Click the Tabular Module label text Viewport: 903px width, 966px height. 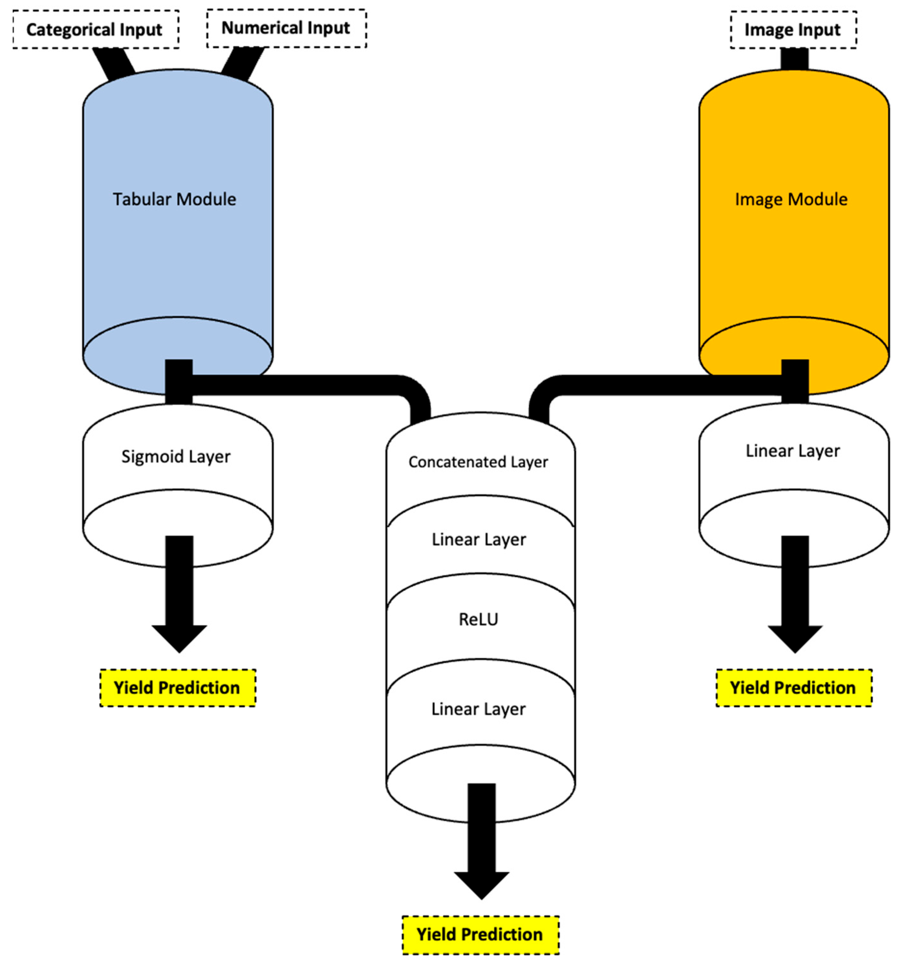(x=175, y=199)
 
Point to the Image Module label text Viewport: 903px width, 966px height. (x=791, y=199)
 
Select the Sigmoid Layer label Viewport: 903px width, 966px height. (x=176, y=456)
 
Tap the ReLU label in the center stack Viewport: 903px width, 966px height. (x=478, y=619)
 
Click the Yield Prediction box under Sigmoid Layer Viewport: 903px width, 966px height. (x=177, y=688)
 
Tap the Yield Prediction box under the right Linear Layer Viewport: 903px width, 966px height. (x=793, y=688)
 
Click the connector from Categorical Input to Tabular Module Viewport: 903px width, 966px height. (x=113, y=62)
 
